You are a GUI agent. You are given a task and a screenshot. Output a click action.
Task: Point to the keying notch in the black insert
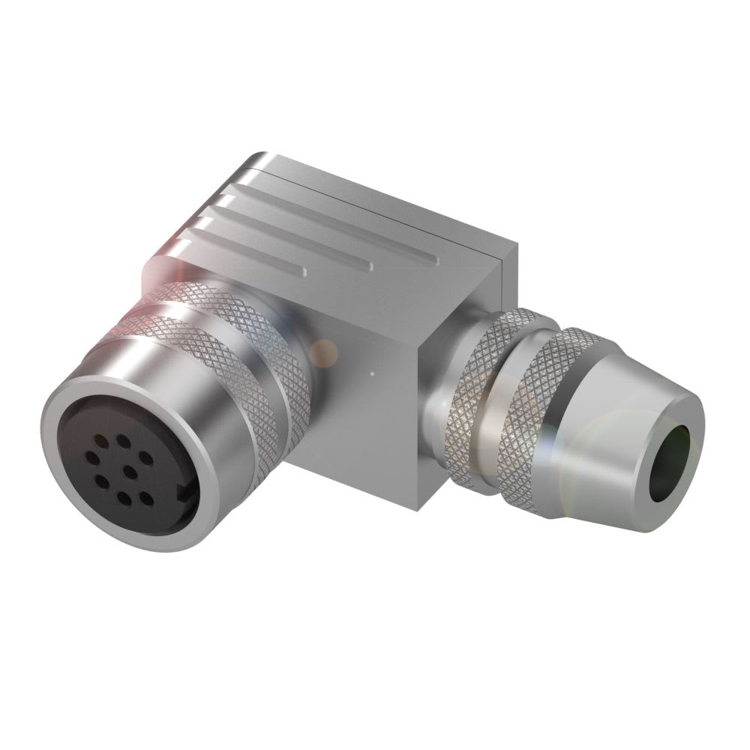pyautogui.click(x=182, y=493)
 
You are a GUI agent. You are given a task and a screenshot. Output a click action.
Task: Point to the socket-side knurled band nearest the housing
pyautogui.click(x=270, y=352)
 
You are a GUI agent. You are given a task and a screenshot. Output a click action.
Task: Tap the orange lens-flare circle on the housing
pyautogui.click(x=324, y=352)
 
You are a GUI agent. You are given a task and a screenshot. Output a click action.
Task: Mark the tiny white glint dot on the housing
pyautogui.click(x=373, y=373)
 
